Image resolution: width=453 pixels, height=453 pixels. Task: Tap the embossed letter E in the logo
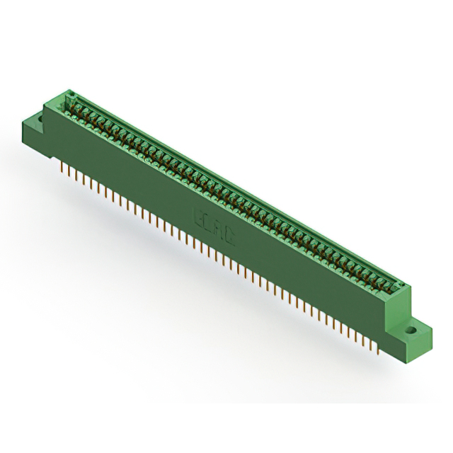coord(200,216)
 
